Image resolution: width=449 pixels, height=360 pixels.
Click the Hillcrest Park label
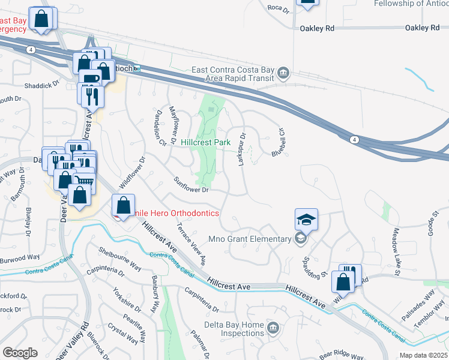coord(206,143)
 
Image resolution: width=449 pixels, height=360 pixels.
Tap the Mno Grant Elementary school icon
coord(301,239)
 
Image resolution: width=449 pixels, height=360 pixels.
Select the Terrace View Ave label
coord(191,245)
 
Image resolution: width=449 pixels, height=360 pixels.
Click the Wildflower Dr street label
coord(133,172)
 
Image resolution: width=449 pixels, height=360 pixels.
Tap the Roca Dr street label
coord(279,9)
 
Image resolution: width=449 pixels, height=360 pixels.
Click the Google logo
coord(20,353)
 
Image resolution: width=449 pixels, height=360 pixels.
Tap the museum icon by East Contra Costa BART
coord(283,74)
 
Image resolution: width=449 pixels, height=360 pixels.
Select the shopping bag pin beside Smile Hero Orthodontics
coord(123,206)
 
